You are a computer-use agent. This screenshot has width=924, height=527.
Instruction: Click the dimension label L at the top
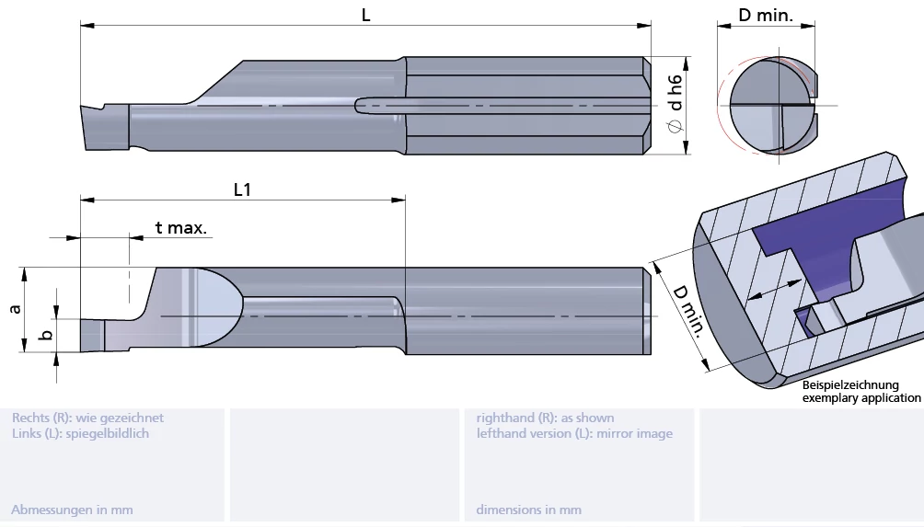[365, 16]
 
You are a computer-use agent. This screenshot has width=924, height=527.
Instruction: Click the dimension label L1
[242, 190]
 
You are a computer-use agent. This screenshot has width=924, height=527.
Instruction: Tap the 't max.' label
[180, 227]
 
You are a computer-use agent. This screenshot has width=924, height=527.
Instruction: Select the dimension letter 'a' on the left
[15, 309]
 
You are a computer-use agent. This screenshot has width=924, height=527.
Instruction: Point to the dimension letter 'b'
[46, 336]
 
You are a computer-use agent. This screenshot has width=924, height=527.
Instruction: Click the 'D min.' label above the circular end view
[766, 16]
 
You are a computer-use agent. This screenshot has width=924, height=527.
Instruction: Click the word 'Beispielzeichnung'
[850, 385]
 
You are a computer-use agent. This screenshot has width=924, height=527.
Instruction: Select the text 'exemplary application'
[860, 398]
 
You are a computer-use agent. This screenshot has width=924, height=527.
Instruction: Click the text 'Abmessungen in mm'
[72, 510]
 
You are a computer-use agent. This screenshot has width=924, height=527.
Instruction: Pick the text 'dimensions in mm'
[528, 510]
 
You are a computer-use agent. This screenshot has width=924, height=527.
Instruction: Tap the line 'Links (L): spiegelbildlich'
[80, 433]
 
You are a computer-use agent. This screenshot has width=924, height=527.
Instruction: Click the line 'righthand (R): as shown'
[545, 418]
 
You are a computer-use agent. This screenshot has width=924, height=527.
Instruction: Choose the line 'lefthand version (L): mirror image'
[574, 433]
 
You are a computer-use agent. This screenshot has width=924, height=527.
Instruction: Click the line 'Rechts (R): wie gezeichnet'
[87, 418]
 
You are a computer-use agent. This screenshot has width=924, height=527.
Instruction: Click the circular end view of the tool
[771, 106]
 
